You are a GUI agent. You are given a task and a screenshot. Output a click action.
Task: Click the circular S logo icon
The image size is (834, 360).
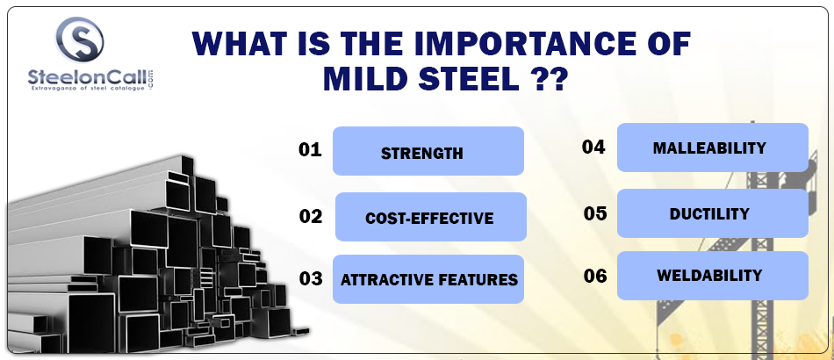pos(79,39)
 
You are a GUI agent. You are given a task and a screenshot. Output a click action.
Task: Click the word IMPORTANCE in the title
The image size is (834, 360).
pos(513,44)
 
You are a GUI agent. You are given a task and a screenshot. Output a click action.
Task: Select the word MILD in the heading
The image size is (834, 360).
pos(363,78)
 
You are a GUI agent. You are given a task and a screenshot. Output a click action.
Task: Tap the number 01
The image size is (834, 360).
pos(310,149)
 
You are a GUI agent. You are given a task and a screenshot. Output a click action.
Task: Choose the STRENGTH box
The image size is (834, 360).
pos(428,151)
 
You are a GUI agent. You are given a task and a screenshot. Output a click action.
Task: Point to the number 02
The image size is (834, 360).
pos(311,216)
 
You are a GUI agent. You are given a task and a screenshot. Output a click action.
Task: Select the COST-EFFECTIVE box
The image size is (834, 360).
pos(431,217)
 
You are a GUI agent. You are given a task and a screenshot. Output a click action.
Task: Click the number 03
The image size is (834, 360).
pos(311,278)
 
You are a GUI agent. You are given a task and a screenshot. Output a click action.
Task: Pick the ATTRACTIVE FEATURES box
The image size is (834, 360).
pos(428,279)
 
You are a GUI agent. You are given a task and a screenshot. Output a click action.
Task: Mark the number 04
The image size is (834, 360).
pos(593,147)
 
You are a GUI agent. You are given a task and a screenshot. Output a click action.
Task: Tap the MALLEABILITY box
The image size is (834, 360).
pos(713,148)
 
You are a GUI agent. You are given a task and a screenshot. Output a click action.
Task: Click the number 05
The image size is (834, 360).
pos(595,213)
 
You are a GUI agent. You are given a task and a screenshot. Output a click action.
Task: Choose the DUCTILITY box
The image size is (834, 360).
pos(713,213)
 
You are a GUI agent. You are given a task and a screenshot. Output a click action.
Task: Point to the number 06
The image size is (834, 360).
pos(595,276)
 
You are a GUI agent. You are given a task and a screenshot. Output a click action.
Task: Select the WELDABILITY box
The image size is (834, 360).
pos(713,276)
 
